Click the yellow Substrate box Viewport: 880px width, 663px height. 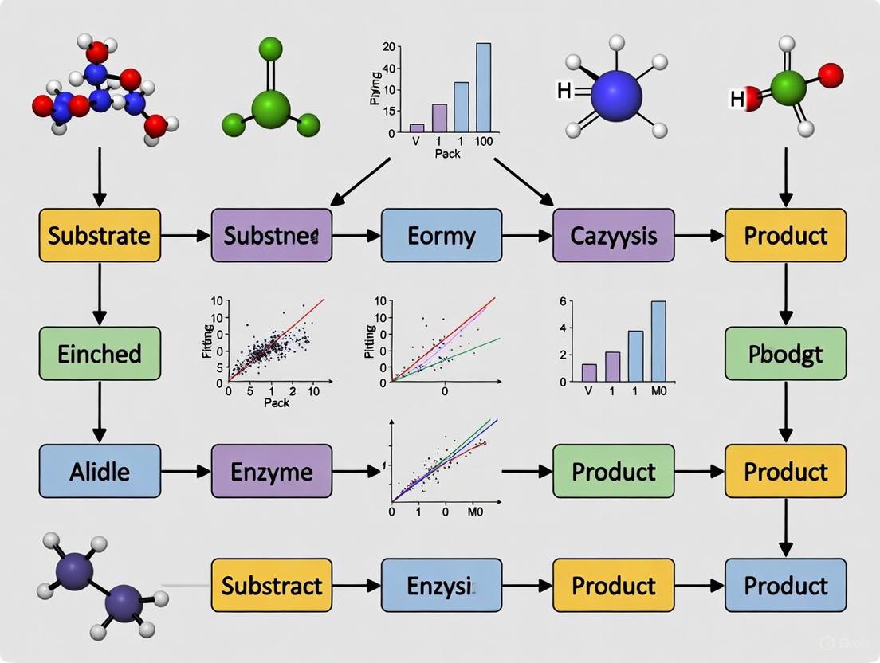coord(100,236)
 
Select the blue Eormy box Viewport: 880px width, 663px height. coord(442,236)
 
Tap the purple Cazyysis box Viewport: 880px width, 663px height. coord(613,236)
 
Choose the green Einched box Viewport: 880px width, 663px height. coord(100,353)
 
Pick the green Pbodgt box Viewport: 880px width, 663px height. coord(785,353)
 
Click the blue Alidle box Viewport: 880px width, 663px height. coord(100,471)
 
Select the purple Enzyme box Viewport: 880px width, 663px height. coord(271,471)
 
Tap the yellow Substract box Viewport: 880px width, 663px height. coord(271,586)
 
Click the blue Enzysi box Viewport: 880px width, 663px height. coord(442,586)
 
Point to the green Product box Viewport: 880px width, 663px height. coord(613,471)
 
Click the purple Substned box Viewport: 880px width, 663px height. coord(271,236)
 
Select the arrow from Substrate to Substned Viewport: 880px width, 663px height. coord(185,236)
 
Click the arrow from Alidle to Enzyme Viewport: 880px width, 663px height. coord(185,471)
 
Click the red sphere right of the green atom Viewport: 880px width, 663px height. coord(831,76)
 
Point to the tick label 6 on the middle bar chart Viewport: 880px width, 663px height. coord(562,300)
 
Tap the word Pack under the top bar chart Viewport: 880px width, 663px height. coord(447,154)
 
